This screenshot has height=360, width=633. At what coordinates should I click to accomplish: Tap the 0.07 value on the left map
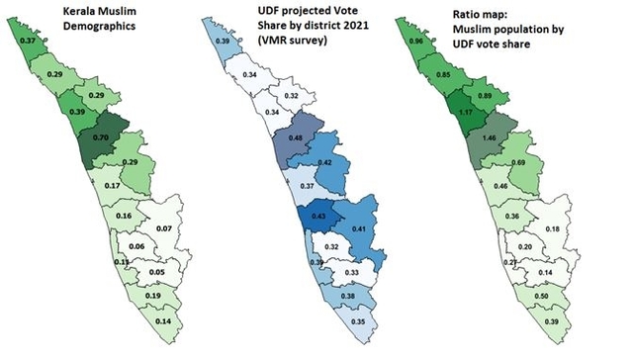[x=164, y=229]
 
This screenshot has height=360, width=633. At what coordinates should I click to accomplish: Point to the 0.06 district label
[x=136, y=245]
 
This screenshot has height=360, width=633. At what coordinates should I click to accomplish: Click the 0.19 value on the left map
[x=153, y=297]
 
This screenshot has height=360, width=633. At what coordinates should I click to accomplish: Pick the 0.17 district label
[x=112, y=185]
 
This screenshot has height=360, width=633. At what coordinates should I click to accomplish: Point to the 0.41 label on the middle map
[x=358, y=229]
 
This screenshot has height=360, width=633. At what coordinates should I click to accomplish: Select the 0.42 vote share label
[x=324, y=161]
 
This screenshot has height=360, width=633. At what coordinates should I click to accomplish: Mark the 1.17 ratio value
[x=464, y=113]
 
